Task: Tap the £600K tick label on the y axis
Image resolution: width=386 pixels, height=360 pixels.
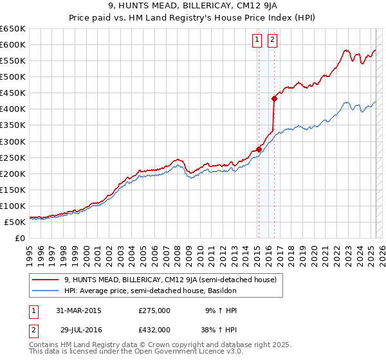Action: click(x=13, y=44)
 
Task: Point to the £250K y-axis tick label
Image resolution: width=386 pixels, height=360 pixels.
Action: click(x=13, y=157)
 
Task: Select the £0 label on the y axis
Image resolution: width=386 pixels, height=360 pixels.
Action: click(x=20, y=238)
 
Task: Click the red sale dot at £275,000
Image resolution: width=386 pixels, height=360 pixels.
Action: click(x=259, y=149)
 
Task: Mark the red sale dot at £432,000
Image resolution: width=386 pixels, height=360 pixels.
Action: click(x=274, y=98)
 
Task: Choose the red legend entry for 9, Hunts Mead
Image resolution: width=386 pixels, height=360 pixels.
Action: click(x=170, y=280)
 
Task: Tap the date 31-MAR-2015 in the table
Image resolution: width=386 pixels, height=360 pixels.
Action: click(x=78, y=310)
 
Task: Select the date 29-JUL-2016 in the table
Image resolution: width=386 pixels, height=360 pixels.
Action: click(x=78, y=330)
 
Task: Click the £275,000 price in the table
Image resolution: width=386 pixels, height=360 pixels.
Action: click(x=154, y=310)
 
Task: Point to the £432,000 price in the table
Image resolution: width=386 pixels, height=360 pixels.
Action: click(x=154, y=330)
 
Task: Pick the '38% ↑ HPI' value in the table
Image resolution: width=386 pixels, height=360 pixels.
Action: click(x=219, y=330)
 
